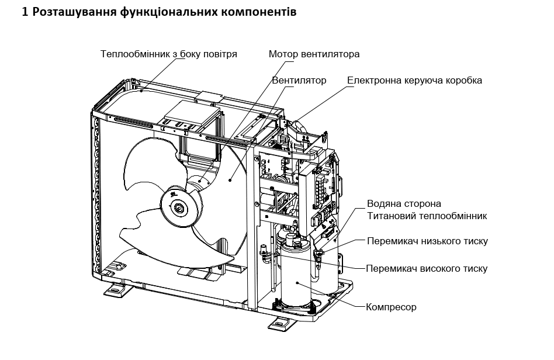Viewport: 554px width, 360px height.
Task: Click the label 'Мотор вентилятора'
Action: (314, 54)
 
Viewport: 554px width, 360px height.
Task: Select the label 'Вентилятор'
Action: (299, 80)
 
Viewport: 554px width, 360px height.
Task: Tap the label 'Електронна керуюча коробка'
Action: (414, 80)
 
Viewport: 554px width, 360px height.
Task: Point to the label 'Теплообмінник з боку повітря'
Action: (168, 54)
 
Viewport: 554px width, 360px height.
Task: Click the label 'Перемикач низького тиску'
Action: (427, 241)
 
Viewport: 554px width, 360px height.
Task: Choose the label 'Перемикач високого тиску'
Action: (426, 269)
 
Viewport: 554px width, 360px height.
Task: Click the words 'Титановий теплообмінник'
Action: (427, 216)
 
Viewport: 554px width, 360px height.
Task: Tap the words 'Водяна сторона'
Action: (404, 204)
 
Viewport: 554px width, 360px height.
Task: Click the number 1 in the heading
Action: (25, 12)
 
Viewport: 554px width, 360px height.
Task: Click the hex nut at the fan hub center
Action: (178, 206)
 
